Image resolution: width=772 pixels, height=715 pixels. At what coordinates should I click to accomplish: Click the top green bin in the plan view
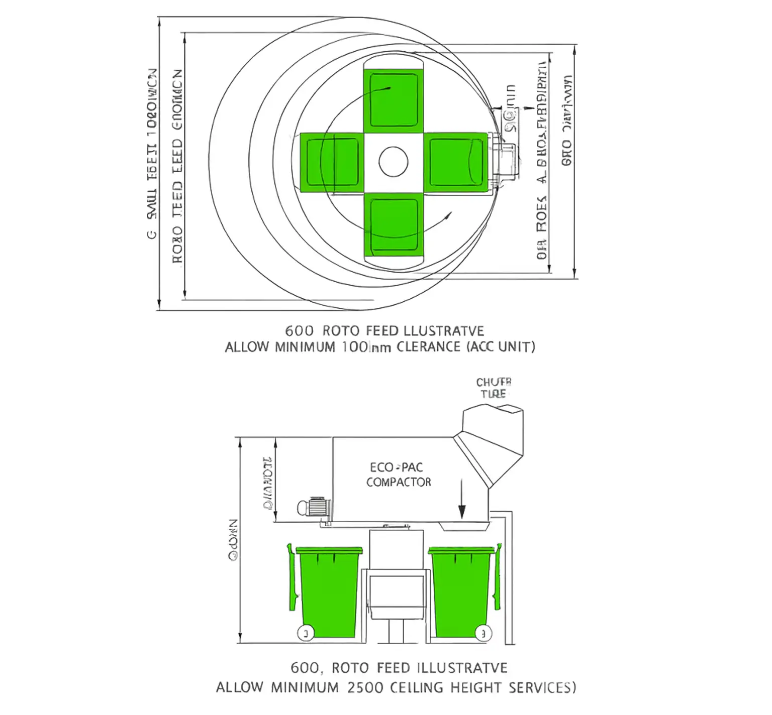pos(394,98)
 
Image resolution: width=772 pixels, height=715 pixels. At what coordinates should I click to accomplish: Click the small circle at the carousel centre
pos(394,162)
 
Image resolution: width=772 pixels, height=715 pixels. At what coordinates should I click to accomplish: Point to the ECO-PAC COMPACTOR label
pos(398,475)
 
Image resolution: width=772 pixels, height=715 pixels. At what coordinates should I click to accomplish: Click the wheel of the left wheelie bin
pos(305,634)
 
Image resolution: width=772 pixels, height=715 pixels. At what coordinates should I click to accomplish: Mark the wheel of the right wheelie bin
pos(482,634)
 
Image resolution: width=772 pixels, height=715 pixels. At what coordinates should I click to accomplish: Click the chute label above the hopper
pos(494,388)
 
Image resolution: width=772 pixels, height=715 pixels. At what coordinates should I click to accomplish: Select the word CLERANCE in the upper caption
pos(428,347)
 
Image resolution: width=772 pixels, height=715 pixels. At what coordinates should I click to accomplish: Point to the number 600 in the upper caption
pos(299,331)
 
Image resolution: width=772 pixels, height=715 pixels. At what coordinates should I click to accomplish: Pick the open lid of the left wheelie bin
pos(291,577)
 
